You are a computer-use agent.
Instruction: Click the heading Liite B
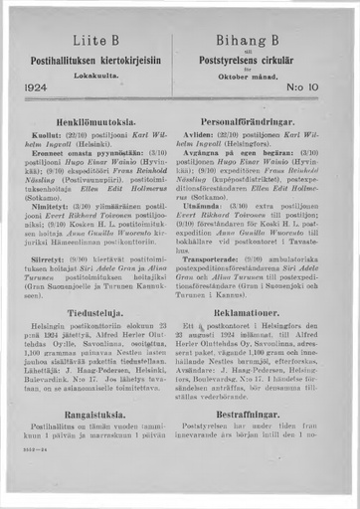[x=95, y=39]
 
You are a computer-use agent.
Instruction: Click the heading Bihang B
[x=264, y=38]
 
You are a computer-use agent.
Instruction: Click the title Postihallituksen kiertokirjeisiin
[x=95, y=58]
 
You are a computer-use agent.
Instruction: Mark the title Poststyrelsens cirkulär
[x=264, y=58]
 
